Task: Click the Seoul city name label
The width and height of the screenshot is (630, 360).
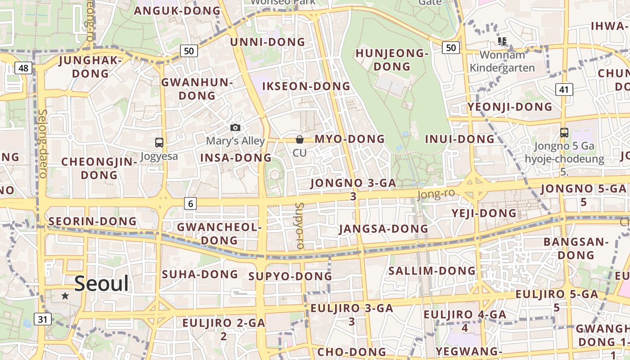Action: pos(101,283)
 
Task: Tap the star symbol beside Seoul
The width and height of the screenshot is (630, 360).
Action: pos(65,296)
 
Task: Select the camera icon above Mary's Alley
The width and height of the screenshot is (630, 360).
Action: pos(235,128)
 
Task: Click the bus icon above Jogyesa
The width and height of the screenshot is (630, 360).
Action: pos(159,143)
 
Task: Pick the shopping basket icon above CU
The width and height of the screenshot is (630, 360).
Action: pos(300,140)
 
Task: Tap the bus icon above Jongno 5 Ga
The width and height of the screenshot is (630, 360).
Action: pos(564,133)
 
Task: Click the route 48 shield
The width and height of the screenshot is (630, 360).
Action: pos(23,68)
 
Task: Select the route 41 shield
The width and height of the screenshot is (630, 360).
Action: pos(564,90)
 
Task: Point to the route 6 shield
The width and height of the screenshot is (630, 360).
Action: pos(190,204)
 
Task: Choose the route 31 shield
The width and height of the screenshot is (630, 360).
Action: pos(42,319)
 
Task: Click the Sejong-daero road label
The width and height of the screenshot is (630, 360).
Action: pos(43,144)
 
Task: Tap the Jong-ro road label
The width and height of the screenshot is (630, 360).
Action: pos(436,194)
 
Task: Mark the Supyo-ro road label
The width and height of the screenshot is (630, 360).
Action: pos(300,226)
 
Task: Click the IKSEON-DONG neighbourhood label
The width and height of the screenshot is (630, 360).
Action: pos(306,86)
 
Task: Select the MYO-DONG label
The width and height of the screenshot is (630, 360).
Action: pos(350,139)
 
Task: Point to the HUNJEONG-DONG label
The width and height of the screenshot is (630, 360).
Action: pos(391,60)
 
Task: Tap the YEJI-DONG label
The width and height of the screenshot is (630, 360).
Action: pos(484,213)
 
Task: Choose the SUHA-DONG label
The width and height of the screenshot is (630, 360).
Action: pos(200,274)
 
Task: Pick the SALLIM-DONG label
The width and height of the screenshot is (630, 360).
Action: pos(432,271)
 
